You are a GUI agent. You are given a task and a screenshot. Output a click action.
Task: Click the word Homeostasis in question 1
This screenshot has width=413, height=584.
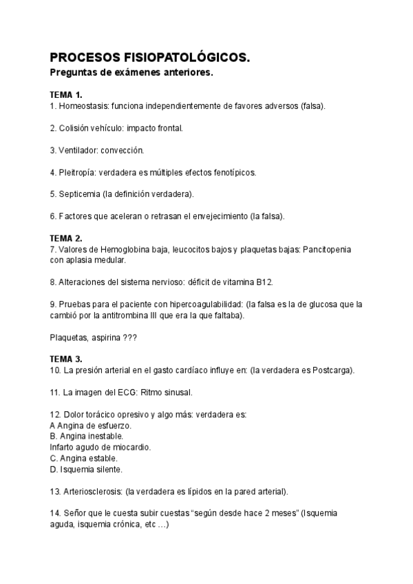[84, 106]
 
